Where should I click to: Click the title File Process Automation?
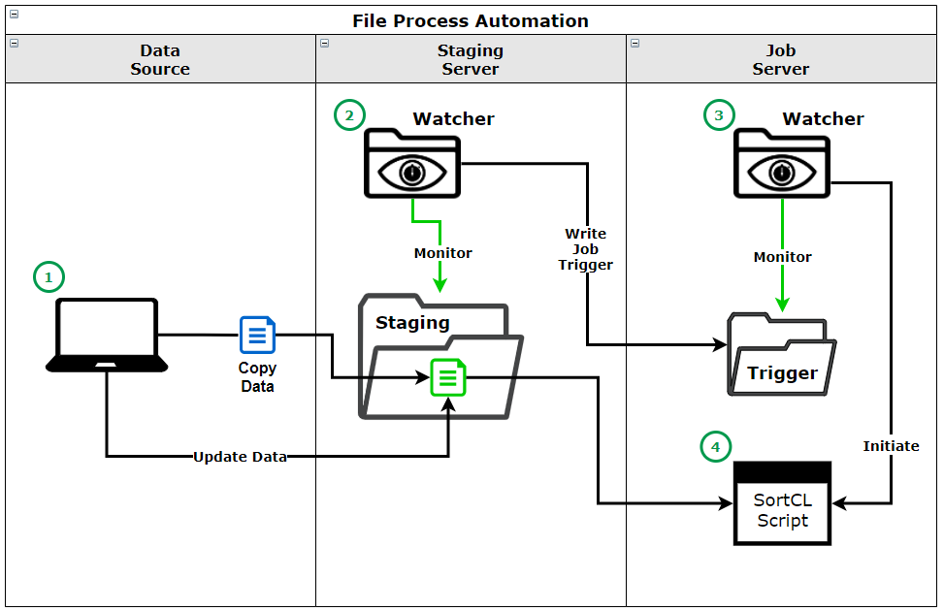coord(471,20)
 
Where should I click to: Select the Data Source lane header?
coord(160,59)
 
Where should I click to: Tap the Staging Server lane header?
coord(471,59)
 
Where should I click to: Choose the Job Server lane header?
coord(781,59)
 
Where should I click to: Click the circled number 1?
coord(49,277)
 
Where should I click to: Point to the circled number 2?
coord(349,115)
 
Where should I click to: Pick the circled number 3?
coord(718,115)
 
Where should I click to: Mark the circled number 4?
coord(715,446)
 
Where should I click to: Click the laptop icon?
coord(108,335)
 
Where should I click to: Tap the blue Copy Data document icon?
coord(257,336)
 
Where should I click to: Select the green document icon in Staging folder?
coord(448,377)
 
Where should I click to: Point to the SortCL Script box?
coord(782,502)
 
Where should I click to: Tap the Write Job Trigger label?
coord(586,249)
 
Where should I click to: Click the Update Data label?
coord(240,456)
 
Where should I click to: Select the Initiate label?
coord(891,446)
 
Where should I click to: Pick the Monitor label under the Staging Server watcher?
coord(442,253)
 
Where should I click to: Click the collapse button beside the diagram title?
coord(14,15)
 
